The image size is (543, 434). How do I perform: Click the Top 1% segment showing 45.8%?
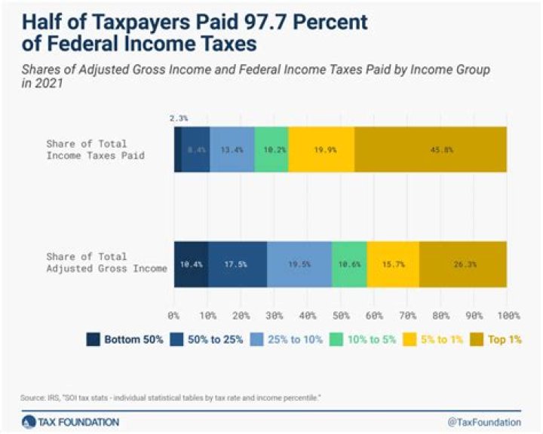tap(431, 149)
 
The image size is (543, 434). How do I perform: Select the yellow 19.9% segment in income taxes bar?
tap(321, 149)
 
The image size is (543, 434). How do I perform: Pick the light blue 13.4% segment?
tap(232, 149)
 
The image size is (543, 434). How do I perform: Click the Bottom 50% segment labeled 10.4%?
tap(191, 264)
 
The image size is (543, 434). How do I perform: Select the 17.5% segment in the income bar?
tap(238, 264)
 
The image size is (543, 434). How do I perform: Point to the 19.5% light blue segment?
tap(299, 264)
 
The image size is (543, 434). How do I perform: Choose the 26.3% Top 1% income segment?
tap(463, 264)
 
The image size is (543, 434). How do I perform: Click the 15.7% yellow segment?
tap(393, 264)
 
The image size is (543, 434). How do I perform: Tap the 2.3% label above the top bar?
tap(178, 118)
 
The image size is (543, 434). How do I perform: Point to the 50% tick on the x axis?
tap(340, 313)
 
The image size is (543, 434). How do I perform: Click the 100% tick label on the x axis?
tap(506, 313)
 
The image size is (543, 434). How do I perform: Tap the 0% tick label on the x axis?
tap(174, 313)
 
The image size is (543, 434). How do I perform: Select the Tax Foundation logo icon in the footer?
tap(29, 421)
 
